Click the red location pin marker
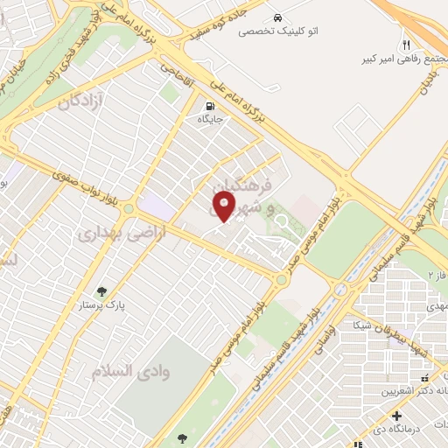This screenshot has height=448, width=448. tap(223, 207)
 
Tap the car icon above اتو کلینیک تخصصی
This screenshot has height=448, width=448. tap(277, 17)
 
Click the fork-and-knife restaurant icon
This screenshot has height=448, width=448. tap(406, 45)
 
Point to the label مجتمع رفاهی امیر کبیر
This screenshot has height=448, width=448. tap(400, 59)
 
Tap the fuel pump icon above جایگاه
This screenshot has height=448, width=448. tap(208, 106)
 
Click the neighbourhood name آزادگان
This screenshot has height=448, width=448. tap(82, 102)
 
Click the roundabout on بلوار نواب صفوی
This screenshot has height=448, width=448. tap(129, 209)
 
